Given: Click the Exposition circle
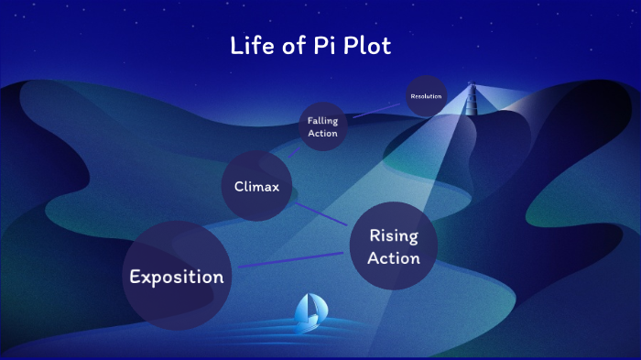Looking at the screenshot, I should click(x=176, y=276).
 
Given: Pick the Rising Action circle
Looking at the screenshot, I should click(x=394, y=245).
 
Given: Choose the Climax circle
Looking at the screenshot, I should click(x=256, y=187).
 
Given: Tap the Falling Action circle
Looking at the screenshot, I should click(x=322, y=126).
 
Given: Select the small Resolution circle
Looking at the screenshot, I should click(x=426, y=96).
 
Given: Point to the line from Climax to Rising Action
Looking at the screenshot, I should click(x=319, y=213).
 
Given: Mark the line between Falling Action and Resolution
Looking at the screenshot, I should click(x=375, y=110).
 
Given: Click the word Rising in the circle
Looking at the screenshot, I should click(x=394, y=236).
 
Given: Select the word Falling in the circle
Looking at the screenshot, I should click(x=322, y=120).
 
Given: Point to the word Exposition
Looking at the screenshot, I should click(x=177, y=277).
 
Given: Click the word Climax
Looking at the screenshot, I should click(x=256, y=188).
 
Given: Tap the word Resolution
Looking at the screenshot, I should click(x=426, y=96).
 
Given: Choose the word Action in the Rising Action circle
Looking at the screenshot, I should click(x=394, y=258).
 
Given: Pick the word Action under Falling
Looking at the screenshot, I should click(x=322, y=134).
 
